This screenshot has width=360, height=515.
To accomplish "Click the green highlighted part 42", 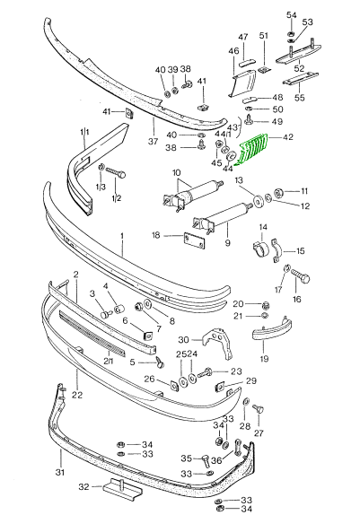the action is pyautogui.click(x=252, y=150).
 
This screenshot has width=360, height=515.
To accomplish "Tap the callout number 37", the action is pyautogui.click(x=153, y=142).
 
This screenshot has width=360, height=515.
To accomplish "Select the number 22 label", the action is pyautogui.click(x=77, y=395).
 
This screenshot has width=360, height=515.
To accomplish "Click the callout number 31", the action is pyautogui.click(x=59, y=472).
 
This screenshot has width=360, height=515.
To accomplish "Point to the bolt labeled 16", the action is pyautogui.click(x=300, y=277).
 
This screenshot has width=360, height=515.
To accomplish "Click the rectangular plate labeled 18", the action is pyautogui.click(x=194, y=241).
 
